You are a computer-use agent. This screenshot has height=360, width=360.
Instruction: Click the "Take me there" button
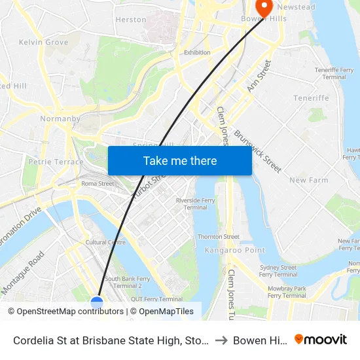tap(180, 160)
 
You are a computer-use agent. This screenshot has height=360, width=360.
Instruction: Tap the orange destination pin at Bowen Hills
tap(264, 7)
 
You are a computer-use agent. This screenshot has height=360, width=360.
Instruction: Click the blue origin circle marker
tap(97, 302)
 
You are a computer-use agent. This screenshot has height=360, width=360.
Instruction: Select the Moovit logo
tap(321, 339)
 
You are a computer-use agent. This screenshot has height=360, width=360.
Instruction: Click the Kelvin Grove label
tap(44, 42)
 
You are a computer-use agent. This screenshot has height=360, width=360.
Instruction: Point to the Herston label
tap(131, 20)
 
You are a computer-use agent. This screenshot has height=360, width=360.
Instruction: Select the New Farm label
tap(308, 180)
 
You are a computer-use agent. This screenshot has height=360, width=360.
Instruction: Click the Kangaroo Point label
tap(225, 250)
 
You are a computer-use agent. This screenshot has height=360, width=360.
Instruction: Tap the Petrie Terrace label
tap(56, 162)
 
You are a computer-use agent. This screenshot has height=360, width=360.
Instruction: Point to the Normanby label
tap(60, 119)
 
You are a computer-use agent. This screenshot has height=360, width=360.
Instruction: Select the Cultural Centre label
tap(105, 242)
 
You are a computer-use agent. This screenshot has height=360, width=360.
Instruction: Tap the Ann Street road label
tap(259, 75)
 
